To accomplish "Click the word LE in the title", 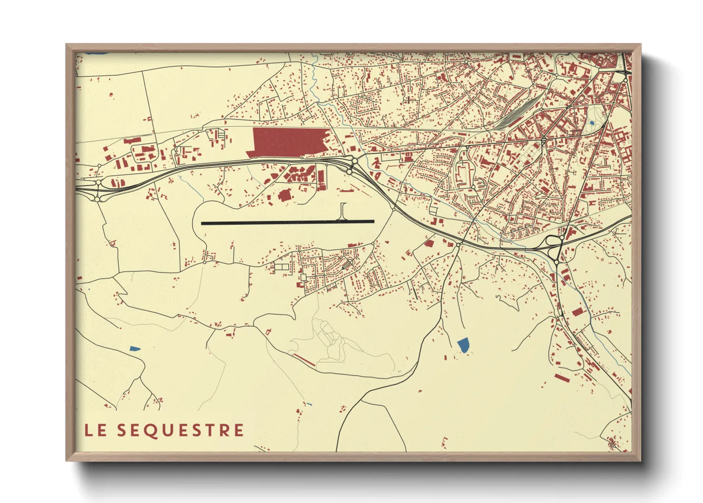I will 95,430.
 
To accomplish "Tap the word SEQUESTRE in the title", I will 180,430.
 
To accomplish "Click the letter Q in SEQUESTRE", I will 152,431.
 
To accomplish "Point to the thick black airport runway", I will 287,222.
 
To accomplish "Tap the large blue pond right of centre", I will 463,345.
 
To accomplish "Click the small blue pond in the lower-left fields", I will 135,348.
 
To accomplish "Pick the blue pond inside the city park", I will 591,123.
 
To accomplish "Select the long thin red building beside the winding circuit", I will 304,360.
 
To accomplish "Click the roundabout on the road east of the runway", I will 394,208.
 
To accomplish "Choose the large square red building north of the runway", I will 284,195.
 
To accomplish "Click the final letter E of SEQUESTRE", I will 238,430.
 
